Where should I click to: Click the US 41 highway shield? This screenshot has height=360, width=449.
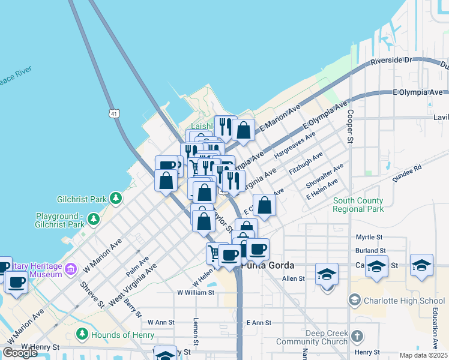115,112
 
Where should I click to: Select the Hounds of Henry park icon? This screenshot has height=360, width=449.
82,334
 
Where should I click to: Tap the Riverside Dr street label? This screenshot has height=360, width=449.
392,61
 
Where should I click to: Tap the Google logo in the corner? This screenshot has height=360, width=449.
20,353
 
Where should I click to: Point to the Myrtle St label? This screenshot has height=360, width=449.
369,237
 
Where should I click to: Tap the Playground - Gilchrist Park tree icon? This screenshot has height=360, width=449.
93,220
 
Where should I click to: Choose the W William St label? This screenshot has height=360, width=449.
196,292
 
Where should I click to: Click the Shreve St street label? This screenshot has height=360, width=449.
89,295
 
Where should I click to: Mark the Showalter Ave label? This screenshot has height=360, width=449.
325,174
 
